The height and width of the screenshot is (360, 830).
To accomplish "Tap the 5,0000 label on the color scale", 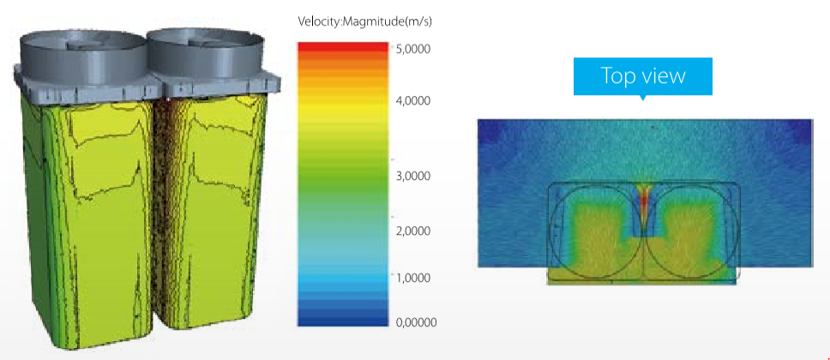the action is [x=412, y=49].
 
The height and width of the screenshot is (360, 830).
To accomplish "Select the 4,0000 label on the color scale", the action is [x=413, y=100].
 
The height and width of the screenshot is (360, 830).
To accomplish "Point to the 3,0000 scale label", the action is [x=413, y=176].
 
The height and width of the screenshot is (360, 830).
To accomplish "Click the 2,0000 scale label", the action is [x=413, y=231].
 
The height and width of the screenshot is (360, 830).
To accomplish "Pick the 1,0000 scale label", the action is [x=413, y=278].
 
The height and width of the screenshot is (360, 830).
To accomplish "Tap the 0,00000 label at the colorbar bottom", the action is [x=416, y=322].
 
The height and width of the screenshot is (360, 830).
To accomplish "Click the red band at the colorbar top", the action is [x=343, y=47].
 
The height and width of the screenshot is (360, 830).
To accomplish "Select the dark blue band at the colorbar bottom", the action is [x=343, y=321].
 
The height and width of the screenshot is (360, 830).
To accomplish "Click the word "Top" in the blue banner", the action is [x=619, y=75].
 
